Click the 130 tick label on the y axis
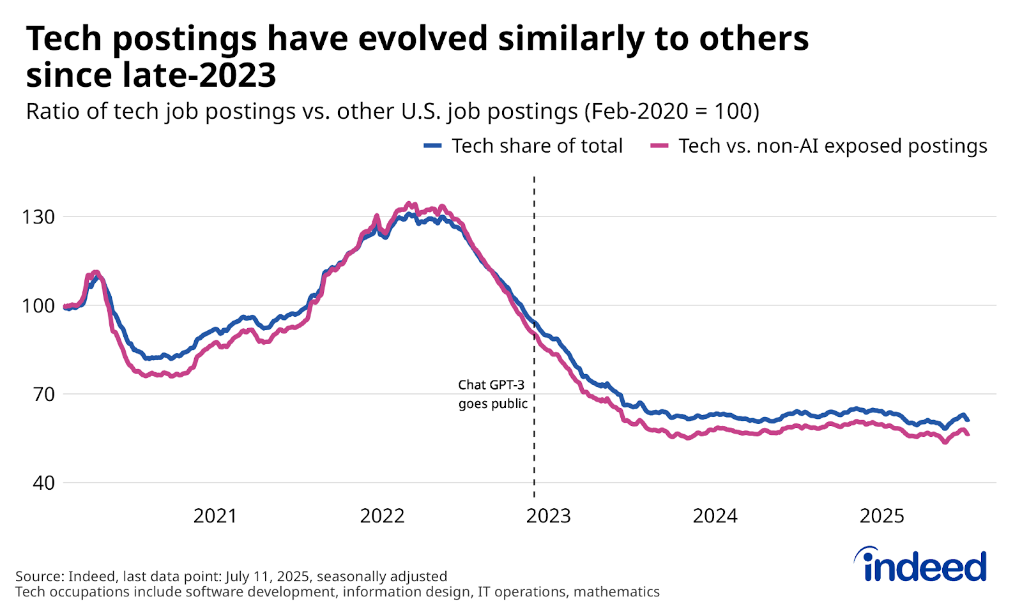pos(38,217)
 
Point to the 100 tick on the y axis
pos(38,306)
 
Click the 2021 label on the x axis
pos(215,516)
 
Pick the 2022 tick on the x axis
pos(382,516)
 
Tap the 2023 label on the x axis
pos(548,516)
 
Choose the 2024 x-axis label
pos(715,516)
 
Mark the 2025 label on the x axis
pos(881,516)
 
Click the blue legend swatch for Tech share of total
pos(432,146)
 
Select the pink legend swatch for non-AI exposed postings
pos(659,146)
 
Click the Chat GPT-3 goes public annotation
pos(492,394)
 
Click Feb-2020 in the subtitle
pos(636,111)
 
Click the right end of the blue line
pos(968,420)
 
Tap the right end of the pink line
pos(968,434)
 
